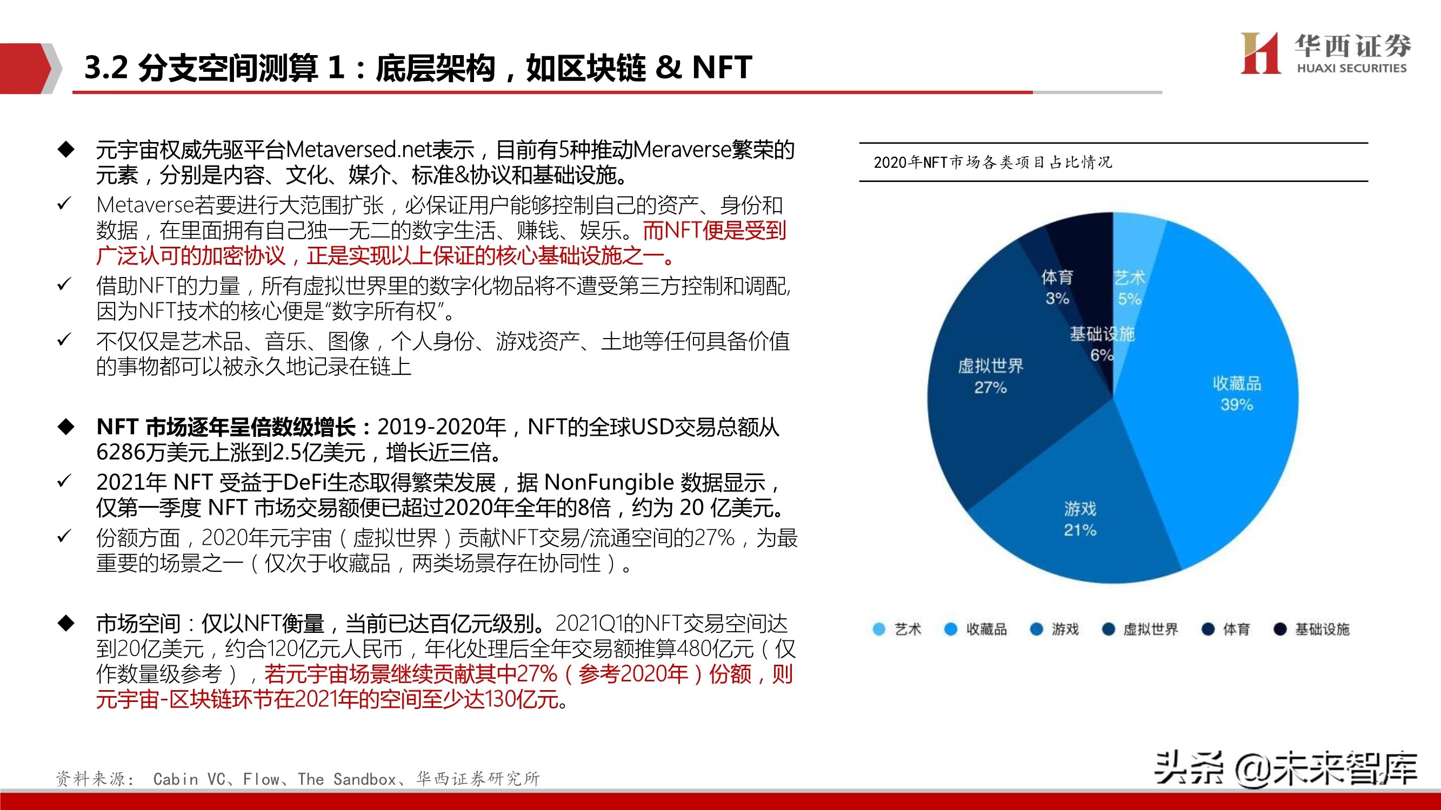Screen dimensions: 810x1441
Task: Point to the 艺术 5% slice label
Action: click(x=1129, y=288)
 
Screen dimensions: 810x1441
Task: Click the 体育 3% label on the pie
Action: click(x=1057, y=287)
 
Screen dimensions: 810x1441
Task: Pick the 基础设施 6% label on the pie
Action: click(x=1102, y=344)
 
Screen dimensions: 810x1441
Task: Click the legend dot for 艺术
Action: click(x=879, y=629)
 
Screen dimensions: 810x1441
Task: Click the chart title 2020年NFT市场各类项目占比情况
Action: click(x=992, y=162)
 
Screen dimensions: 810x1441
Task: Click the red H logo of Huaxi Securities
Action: click(x=1260, y=53)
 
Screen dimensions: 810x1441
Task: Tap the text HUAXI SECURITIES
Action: click(x=1351, y=68)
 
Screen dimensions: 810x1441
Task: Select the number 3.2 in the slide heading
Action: click(x=106, y=67)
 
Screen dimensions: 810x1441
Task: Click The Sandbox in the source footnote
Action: click(x=347, y=779)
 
